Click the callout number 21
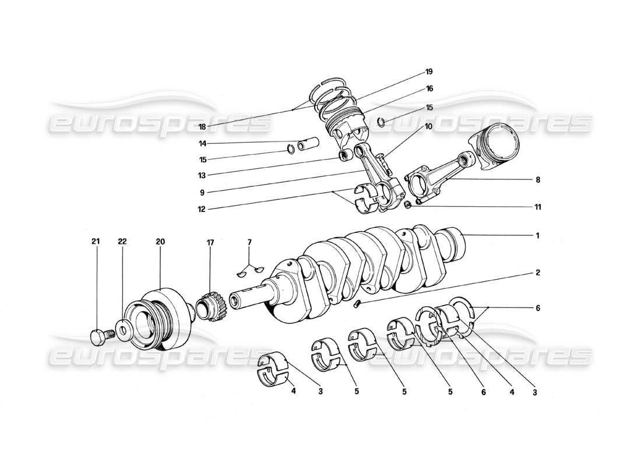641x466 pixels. pos(97,241)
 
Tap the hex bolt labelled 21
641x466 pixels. pos(100,337)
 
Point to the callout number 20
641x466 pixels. pos(160,241)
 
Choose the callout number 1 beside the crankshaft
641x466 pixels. pos(537,236)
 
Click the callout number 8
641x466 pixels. pos(537,180)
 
